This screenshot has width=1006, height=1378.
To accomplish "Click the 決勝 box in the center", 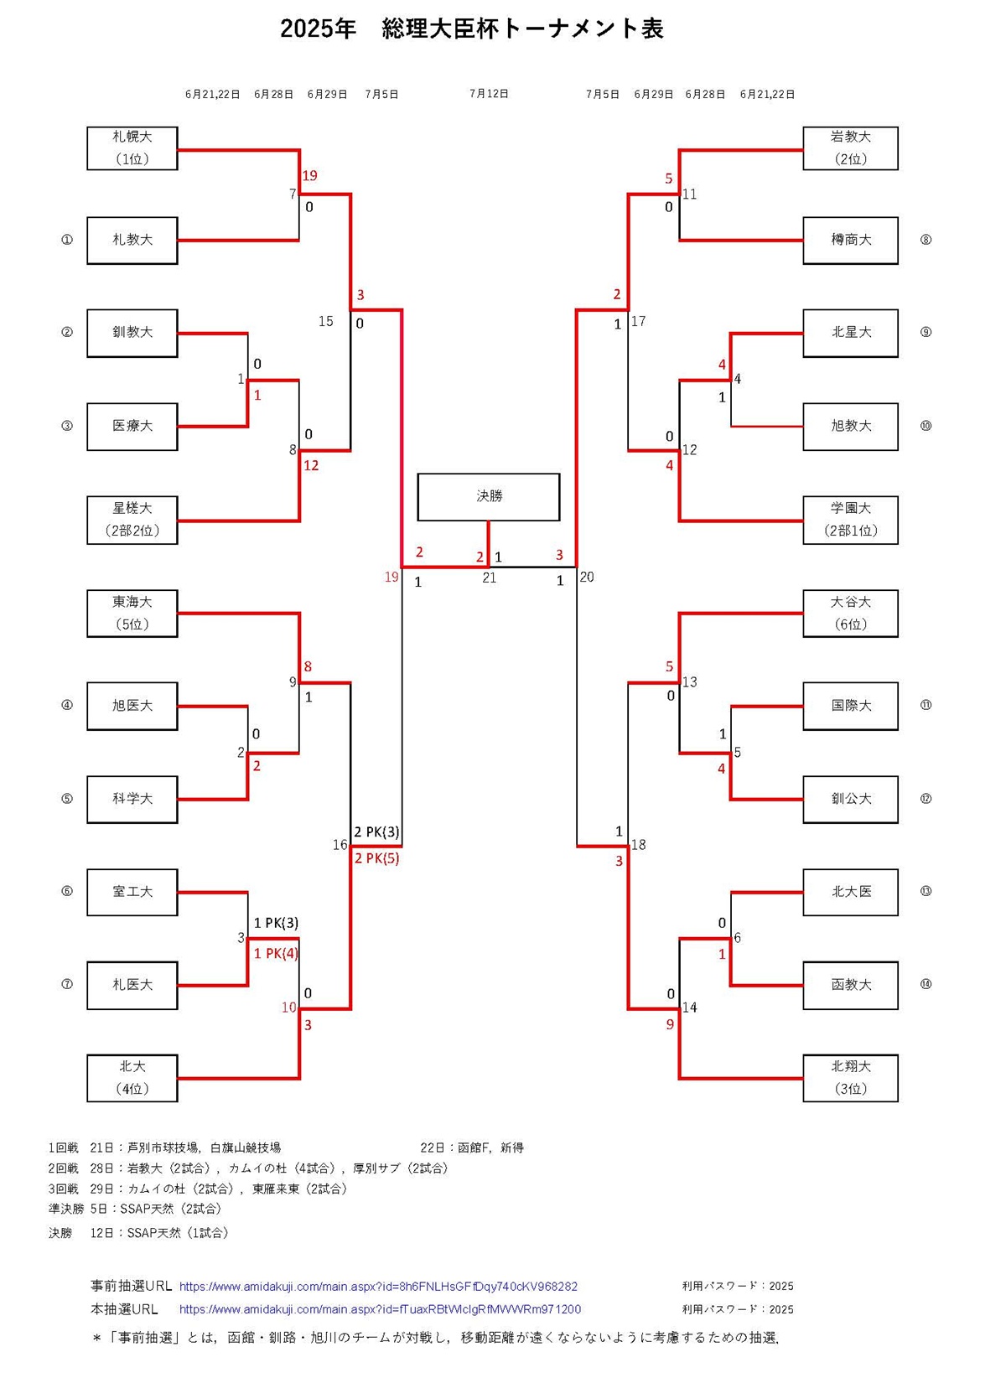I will pos(488,496).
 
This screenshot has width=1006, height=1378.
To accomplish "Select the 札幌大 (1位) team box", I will pos(132,148).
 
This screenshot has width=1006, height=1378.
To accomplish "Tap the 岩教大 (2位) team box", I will pos(850,148).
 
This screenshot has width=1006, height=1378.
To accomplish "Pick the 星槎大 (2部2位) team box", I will pos(132,520).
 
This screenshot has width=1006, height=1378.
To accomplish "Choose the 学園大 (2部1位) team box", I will pos(850,520).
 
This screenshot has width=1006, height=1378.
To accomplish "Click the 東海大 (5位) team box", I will pos(132,613).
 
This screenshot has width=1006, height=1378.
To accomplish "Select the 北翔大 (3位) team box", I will pos(850,1078).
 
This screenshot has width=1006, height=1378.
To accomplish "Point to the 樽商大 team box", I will pos(850,241).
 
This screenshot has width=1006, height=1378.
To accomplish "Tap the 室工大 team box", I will pos(132,892).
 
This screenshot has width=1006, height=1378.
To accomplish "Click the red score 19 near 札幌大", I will pos(309,176).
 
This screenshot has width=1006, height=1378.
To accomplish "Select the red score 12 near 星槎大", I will pos(311,465).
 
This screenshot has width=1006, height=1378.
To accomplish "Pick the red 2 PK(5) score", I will pos(376,858).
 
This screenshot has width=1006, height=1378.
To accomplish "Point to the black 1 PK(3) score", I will pos(276,923).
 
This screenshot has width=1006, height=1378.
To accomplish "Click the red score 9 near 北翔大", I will pos(670,1024).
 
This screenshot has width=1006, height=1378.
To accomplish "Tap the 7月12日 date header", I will pos(489,94).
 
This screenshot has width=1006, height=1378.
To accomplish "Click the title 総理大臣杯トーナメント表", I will pos(472,28).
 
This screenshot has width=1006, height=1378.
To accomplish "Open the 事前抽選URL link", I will pos(378,1286).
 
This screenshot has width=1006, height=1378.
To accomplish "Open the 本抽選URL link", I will pos(380,1309).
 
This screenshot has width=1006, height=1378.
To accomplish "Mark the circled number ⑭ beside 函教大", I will pos(926,985).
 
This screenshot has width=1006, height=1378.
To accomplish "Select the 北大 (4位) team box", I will pos(132,1078).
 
